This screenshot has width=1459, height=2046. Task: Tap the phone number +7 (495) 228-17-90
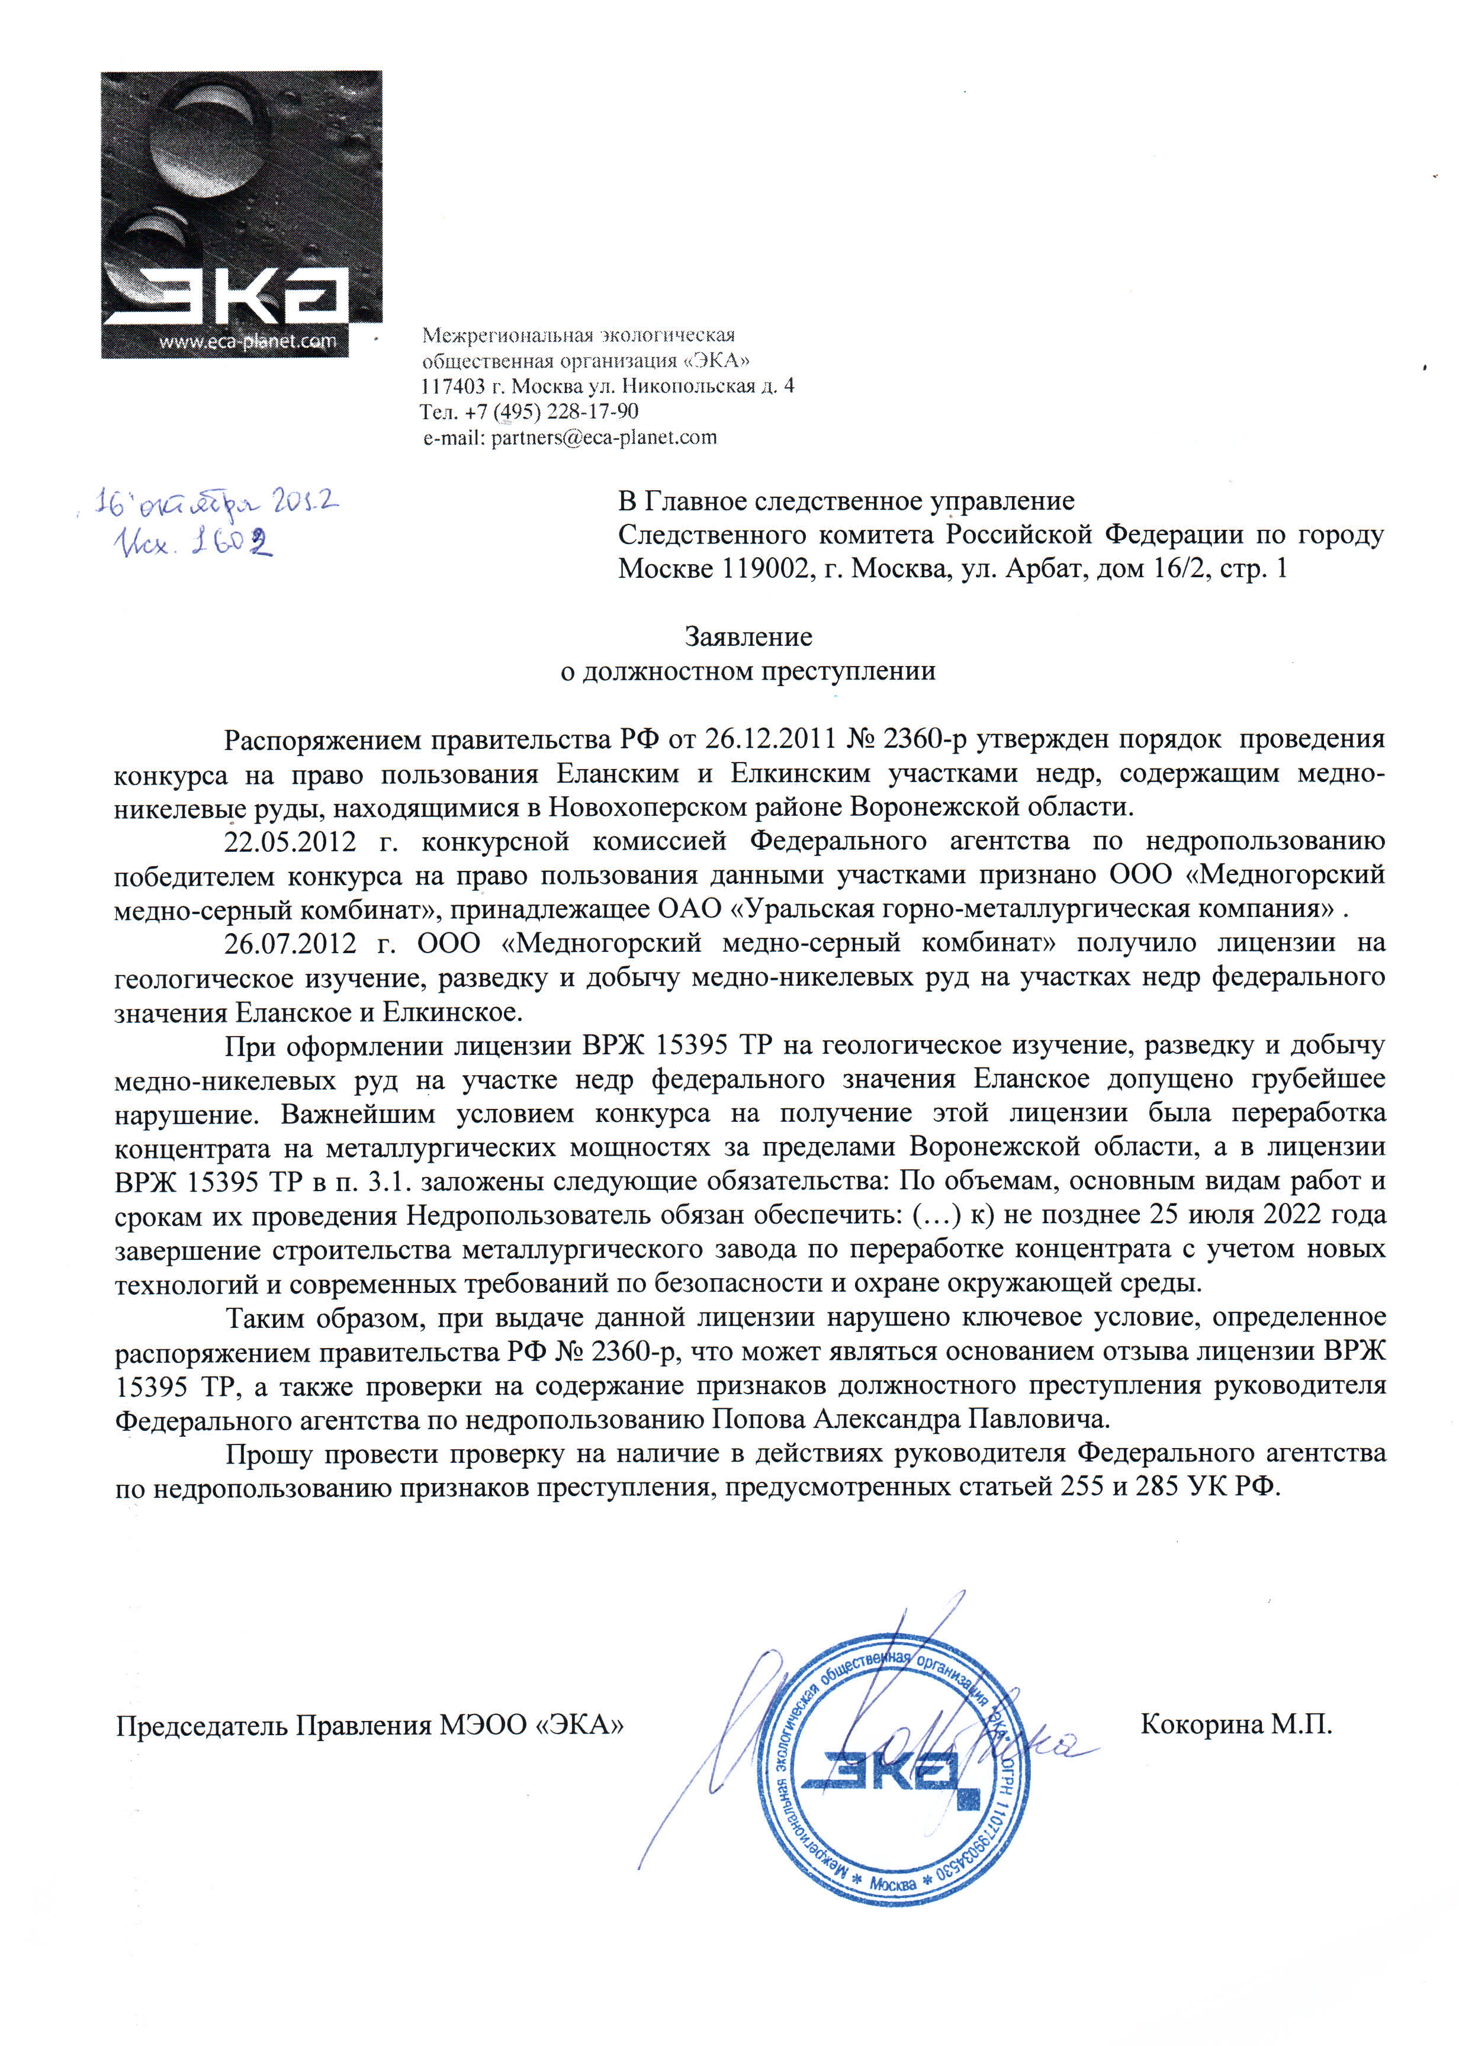(x=552, y=412)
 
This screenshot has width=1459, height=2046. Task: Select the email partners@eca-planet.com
(x=604, y=438)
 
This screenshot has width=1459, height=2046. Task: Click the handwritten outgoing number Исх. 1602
(x=191, y=544)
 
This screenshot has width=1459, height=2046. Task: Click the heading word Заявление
(x=748, y=637)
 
